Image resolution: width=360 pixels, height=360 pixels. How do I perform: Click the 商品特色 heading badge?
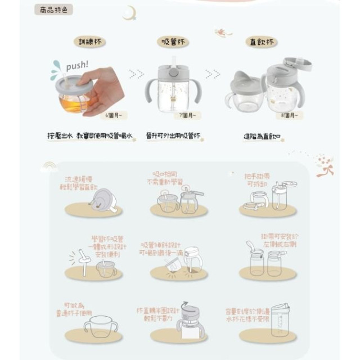53,10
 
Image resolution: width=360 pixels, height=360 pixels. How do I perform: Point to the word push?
76,66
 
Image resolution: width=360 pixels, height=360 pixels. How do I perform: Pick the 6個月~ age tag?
116,115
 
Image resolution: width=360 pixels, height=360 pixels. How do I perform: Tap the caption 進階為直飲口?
263,137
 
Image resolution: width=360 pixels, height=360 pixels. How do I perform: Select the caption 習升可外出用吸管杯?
173,137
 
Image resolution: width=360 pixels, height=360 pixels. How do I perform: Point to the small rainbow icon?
49,166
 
